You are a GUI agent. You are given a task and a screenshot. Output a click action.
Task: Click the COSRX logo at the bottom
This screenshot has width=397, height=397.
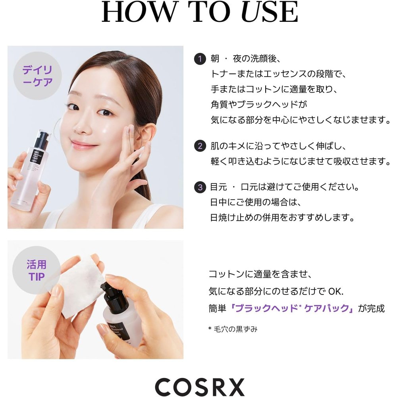pyautogui.click(x=200, y=387)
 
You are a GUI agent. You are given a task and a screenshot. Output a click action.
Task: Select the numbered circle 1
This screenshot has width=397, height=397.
pyautogui.click(x=200, y=59)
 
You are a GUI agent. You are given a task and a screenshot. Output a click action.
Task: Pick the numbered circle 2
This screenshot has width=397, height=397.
pyautogui.click(x=200, y=146)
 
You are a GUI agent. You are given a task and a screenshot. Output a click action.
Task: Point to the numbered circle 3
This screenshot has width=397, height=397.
pyautogui.click(x=200, y=187)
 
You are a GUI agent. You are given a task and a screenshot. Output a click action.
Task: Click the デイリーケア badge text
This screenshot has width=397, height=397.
pyautogui.click(x=37, y=76)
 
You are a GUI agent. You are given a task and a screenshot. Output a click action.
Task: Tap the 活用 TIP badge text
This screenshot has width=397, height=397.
pyautogui.click(x=37, y=270)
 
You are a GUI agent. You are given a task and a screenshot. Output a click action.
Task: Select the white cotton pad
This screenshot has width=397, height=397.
pyautogui.click(x=79, y=286)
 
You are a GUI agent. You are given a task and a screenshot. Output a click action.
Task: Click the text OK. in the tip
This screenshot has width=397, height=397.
pyautogui.click(x=336, y=291)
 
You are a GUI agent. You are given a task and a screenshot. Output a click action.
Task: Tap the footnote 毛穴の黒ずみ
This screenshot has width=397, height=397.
pyautogui.click(x=236, y=329)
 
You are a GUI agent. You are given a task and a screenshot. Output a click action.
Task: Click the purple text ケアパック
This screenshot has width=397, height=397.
pyautogui.click(x=327, y=308)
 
